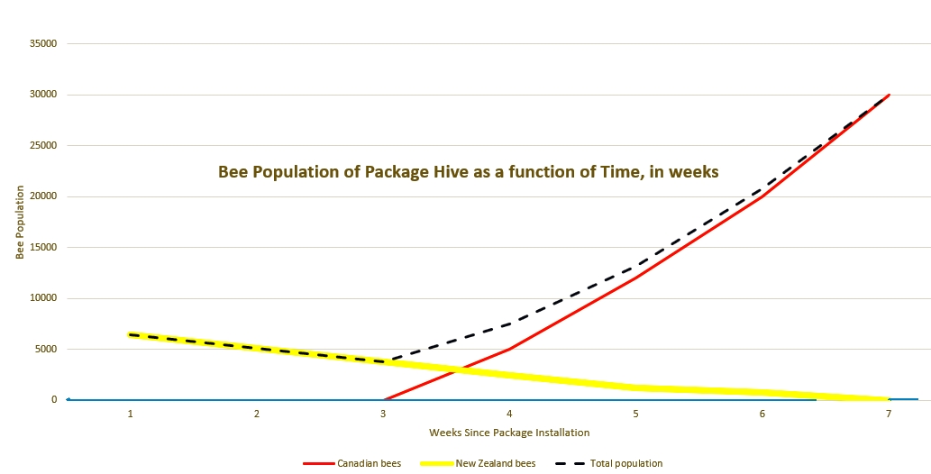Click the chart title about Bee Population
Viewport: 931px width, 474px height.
(x=469, y=171)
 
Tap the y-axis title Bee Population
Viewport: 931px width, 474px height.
(x=19, y=223)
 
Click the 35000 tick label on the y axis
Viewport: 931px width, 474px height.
(x=43, y=43)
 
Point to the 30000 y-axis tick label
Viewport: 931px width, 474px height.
(x=43, y=95)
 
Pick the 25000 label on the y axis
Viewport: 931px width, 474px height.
(x=43, y=146)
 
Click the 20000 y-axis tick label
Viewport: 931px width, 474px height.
(x=43, y=196)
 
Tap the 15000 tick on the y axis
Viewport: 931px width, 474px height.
(x=43, y=248)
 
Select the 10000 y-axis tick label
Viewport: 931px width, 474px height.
(x=43, y=298)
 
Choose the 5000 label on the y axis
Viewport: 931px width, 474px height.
(x=46, y=350)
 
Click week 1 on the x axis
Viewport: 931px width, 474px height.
(x=131, y=415)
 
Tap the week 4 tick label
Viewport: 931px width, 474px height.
(x=509, y=415)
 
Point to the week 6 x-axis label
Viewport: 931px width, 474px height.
(x=762, y=415)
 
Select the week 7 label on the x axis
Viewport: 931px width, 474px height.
(x=889, y=415)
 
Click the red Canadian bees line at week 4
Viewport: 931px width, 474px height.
(x=509, y=349)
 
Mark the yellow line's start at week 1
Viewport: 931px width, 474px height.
(x=131, y=334)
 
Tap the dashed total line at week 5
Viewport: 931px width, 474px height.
(x=636, y=267)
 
